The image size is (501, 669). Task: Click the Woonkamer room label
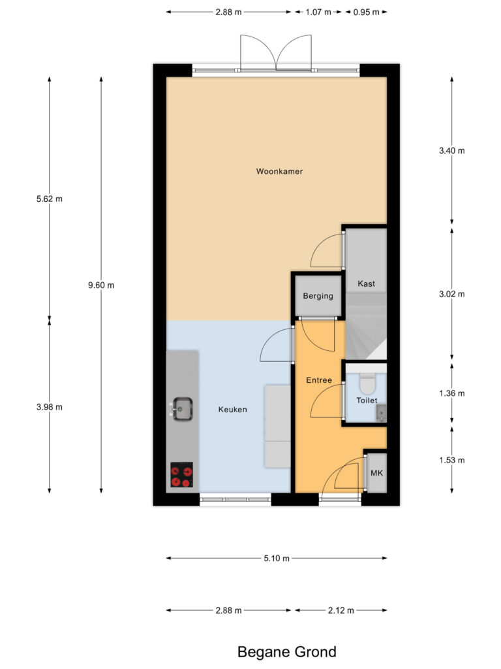click(279, 171)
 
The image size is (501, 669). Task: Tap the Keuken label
click(233, 409)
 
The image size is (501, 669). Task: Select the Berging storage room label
click(318, 296)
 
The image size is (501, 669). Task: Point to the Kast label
click(366, 284)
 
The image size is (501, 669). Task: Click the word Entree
click(318, 380)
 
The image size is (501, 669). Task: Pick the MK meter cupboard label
click(376, 473)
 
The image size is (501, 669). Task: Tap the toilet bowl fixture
click(367, 383)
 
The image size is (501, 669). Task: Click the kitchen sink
click(183, 409)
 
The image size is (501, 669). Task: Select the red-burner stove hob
click(181, 475)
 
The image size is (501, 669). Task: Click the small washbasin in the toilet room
click(382, 414)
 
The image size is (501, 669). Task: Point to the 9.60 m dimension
click(101, 285)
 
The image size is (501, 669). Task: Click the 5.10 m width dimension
click(277, 558)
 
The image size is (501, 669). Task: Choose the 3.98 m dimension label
click(50, 407)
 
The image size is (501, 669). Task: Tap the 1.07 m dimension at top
click(318, 12)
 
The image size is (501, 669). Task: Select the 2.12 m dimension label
click(341, 611)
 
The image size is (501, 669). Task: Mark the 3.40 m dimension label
click(452, 151)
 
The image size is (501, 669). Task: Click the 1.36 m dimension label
click(452, 393)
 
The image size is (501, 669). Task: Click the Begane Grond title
click(287, 652)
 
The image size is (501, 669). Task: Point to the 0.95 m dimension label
click(366, 12)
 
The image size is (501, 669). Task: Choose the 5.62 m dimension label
click(50, 199)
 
